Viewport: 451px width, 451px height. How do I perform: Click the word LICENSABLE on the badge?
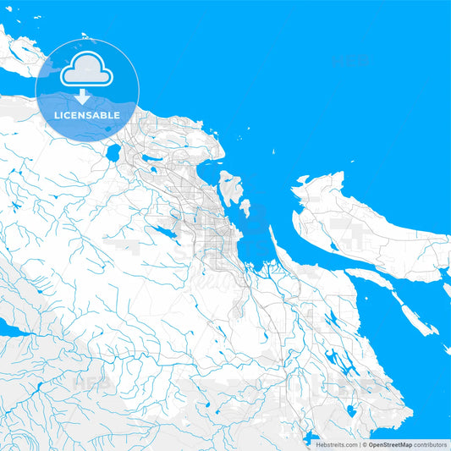click(x=87, y=115)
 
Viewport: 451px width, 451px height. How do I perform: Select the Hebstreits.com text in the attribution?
click(x=335, y=444)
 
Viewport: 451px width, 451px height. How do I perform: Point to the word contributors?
click(x=431, y=444)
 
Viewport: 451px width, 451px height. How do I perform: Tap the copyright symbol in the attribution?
click(x=365, y=444)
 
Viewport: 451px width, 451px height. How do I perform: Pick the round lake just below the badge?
click(x=113, y=152)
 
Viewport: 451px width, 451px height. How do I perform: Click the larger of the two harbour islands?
click(x=229, y=185)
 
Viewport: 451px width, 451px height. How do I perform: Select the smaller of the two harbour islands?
click(x=245, y=206)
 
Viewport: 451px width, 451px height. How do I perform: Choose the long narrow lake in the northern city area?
click(x=152, y=159)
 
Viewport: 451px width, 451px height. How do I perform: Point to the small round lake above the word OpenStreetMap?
click(x=351, y=412)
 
